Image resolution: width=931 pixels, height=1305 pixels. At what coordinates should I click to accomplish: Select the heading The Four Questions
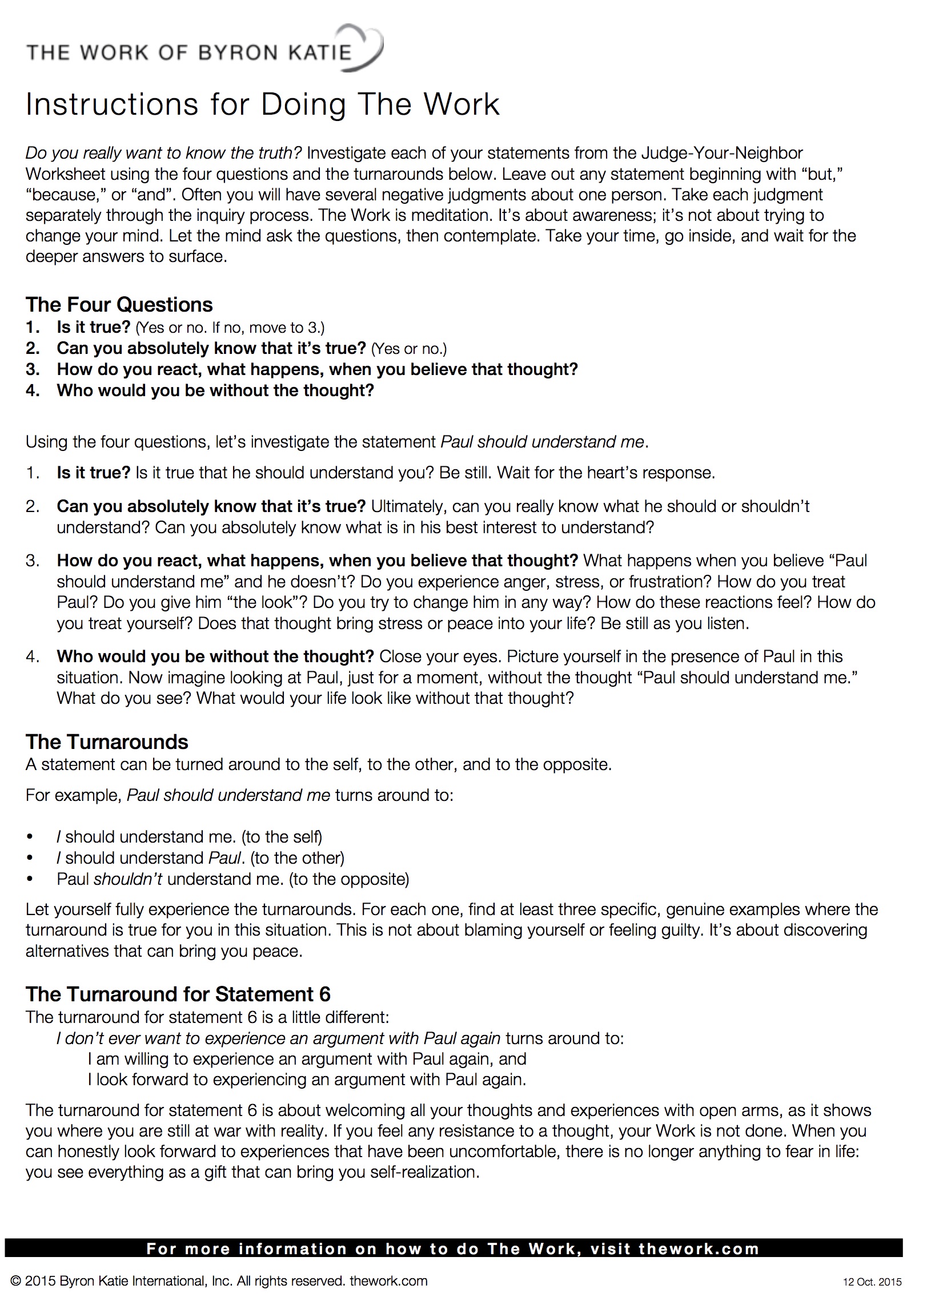click(119, 305)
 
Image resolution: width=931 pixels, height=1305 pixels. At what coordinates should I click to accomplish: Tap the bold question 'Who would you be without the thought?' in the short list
click(215, 390)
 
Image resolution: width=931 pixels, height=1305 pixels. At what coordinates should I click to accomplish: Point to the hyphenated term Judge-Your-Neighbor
click(722, 154)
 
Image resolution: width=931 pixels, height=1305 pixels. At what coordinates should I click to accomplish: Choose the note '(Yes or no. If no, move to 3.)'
click(229, 328)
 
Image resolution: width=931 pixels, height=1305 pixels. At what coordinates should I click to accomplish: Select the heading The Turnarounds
click(107, 742)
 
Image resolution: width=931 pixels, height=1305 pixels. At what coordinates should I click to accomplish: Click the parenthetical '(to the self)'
click(282, 837)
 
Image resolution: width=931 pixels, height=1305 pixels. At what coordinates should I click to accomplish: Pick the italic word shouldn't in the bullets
click(128, 879)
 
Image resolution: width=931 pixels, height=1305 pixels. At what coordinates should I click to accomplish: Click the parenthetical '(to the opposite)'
click(349, 879)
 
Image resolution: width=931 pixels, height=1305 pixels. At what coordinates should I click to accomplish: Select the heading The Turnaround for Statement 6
click(178, 994)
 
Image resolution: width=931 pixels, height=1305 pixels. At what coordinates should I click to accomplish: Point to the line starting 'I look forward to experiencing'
click(307, 1080)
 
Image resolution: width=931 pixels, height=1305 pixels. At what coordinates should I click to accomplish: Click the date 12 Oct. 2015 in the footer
click(872, 1282)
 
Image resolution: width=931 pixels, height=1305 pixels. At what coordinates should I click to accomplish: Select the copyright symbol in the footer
click(16, 1281)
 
